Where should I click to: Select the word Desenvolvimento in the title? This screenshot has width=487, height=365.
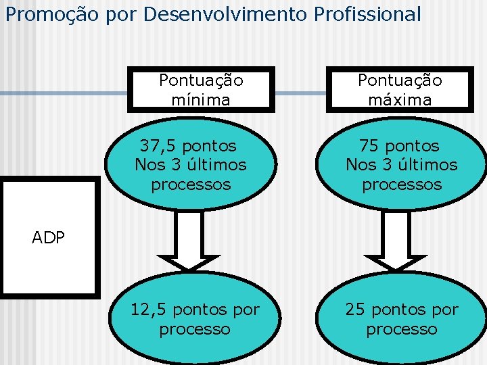219,14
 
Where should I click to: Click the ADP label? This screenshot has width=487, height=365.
48,237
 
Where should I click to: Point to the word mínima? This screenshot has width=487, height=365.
201,100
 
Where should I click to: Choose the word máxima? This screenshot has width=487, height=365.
400,100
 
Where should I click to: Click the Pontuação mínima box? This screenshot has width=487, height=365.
201,90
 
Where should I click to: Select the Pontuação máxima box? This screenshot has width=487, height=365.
400,90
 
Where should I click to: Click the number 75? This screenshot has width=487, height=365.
369,146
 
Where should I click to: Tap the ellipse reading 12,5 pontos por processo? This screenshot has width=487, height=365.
195,320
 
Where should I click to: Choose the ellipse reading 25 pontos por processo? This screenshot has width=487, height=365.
402,320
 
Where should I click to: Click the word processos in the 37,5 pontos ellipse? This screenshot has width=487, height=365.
191,185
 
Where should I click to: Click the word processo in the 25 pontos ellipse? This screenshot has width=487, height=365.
402,330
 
